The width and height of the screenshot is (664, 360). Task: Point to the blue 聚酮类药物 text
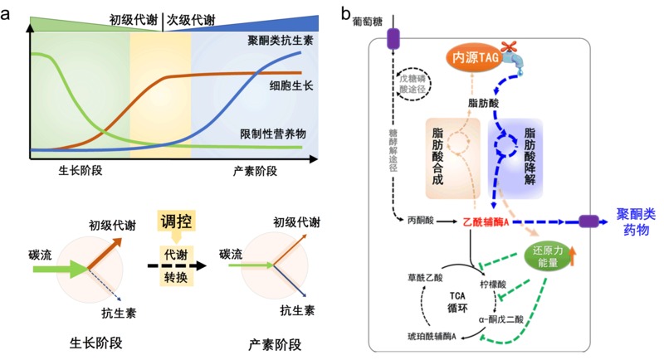629,222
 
